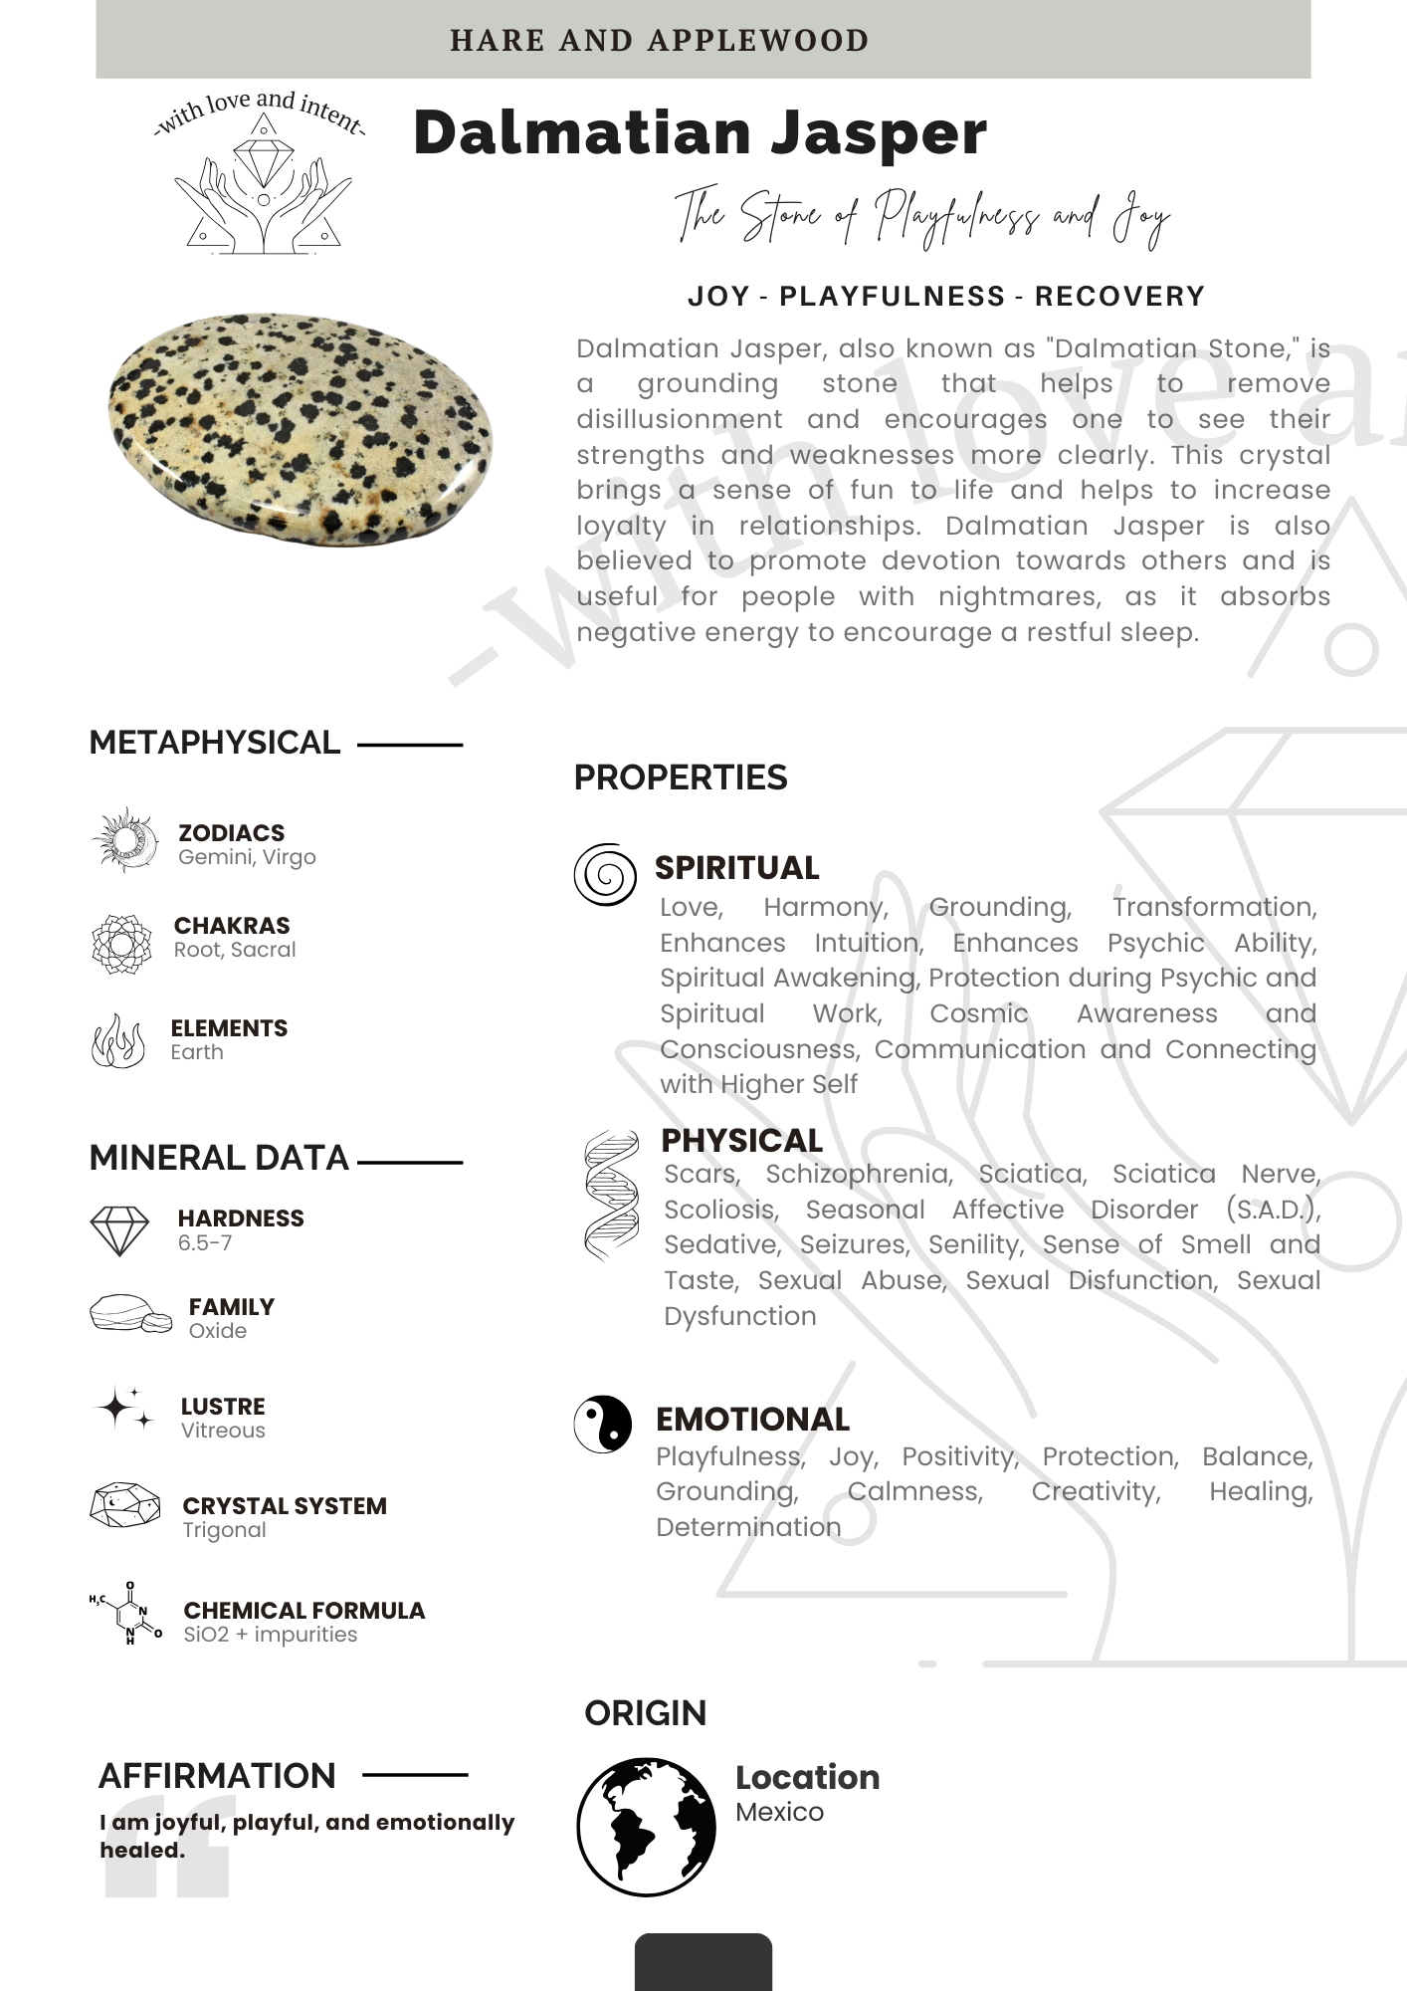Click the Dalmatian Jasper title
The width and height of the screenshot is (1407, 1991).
(x=700, y=132)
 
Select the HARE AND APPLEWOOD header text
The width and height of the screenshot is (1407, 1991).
(x=659, y=41)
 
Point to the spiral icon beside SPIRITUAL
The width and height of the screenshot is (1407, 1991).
(x=605, y=875)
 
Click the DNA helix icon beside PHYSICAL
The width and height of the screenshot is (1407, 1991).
(x=611, y=1196)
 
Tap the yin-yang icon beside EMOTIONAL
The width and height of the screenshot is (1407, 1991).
(x=603, y=1424)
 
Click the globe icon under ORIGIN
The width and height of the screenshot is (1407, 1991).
(x=646, y=1826)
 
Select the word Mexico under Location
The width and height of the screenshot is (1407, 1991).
(x=779, y=1812)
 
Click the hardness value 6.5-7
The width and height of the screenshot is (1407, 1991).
(x=205, y=1242)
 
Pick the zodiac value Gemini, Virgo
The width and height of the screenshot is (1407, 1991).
(x=247, y=857)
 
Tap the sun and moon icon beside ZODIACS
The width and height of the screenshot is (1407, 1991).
(x=125, y=840)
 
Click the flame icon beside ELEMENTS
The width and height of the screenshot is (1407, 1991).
(x=118, y=1041)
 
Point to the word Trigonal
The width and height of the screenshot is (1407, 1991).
(x=224, y=1530)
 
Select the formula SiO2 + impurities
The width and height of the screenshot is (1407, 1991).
(x=270, y=1635)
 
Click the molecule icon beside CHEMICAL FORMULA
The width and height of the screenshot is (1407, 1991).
(x=126, y=1613)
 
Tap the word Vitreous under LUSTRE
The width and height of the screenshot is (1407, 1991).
(x=223, y=1431)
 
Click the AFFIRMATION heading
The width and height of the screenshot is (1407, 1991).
(x=217, y=1776)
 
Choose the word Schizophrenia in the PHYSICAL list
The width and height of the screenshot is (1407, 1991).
(x=859, y=1174)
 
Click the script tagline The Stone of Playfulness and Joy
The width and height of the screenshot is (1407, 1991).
(x=921, y=216)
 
